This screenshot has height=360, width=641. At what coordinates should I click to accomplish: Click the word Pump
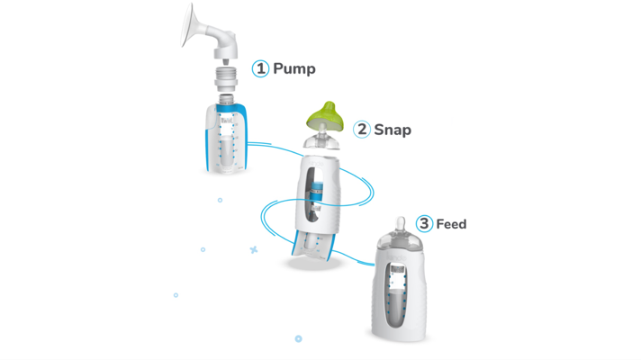coord(293,68)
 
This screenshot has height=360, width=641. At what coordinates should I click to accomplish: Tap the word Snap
coord(393,130)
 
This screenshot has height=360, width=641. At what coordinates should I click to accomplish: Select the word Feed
coord(451,224)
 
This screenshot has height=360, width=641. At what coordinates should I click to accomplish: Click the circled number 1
coord(260,68)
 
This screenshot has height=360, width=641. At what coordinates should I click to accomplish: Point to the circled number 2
coord(362,130)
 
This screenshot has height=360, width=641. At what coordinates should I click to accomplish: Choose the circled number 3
coord(424,223)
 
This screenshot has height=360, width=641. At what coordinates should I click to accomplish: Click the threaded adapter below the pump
coord(226,78)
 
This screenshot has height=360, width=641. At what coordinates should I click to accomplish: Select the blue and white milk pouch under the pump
coord(226,138)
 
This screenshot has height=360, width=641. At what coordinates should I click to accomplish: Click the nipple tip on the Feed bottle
coord(401,224)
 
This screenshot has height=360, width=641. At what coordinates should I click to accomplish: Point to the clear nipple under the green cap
coord(321,138)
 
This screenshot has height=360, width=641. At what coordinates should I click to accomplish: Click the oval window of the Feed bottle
coord(396,294)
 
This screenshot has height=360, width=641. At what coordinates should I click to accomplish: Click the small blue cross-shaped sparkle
coord(254,249)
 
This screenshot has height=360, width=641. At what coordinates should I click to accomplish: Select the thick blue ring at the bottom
coord(298,338)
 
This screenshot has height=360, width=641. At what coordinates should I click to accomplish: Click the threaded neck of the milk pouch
coord(226,99)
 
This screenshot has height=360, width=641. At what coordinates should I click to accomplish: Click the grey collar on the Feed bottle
coord(399,241)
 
